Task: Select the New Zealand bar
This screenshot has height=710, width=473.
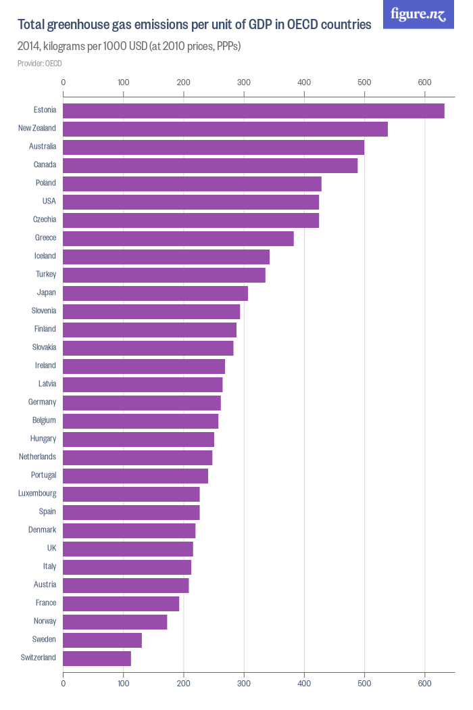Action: [225, 128]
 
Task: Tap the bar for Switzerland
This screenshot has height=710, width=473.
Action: [97, 658]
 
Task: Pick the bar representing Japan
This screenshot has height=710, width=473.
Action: [155, 293]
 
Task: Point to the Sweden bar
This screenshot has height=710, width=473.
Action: [102, 640]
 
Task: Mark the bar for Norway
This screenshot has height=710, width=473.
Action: [115, 621]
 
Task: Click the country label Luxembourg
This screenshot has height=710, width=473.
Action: [37, 494]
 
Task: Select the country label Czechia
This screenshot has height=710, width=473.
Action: [45, 220]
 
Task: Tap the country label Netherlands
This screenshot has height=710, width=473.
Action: [37, 457]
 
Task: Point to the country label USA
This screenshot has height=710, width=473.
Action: [49, 202]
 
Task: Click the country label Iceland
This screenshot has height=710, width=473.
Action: [45, 256]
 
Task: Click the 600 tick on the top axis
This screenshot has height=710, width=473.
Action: [424, 82]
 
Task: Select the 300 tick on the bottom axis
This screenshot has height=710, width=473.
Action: [244, 684]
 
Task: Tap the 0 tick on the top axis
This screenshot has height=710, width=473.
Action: [64, 82]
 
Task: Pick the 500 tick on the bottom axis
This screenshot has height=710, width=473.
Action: [364, 684]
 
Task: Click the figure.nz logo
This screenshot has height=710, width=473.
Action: [418, 14]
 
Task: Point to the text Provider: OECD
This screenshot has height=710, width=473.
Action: [40, 64]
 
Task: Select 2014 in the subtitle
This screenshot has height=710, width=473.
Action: [30, 47]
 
